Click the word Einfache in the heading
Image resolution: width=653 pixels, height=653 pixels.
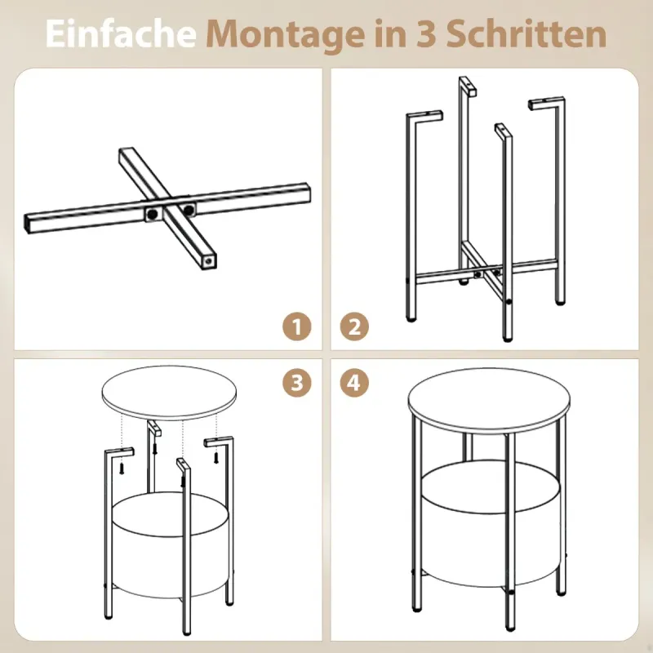click(x=121, y=33)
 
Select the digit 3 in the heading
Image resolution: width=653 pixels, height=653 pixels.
click(x=425, y=33)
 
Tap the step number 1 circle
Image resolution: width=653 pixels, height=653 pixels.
click(x=297, y=326)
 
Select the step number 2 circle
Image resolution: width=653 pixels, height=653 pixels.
click(x=354, y=326)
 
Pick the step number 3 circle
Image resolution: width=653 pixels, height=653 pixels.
click(x=297, y=382)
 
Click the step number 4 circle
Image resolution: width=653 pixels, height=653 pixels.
click(x=354, y=382)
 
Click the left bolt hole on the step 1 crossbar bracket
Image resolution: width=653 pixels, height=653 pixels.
click(x=153, y=214)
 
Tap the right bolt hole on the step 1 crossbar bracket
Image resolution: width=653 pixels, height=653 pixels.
click(x=189, y=210)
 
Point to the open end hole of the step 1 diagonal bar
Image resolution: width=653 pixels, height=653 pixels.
click(x=208, y=261)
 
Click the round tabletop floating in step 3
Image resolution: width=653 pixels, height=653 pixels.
click(x=170, y=393)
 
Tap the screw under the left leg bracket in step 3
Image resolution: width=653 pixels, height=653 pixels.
click(x=122, y=468)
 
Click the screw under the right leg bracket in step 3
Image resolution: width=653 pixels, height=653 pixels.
click(x=215, y=458)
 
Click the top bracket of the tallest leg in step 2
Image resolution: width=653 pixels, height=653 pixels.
click(x=468, y=87)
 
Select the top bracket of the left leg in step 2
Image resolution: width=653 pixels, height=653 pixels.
click(x=424, y=118)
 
